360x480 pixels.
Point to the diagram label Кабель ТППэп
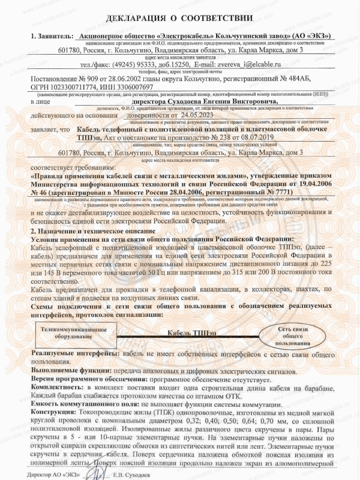[188, 333]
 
